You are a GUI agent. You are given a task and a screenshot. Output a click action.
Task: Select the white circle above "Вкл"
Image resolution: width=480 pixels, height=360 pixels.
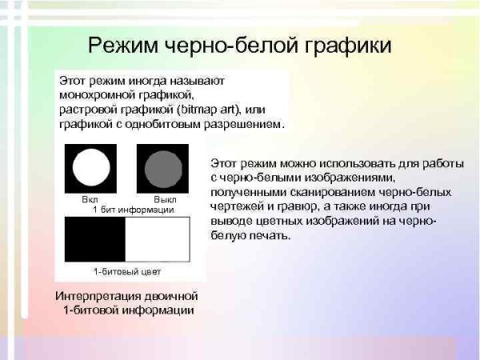tap(90, 168)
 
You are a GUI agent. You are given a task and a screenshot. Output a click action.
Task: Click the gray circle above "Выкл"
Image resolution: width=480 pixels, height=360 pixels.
tap(162, 168)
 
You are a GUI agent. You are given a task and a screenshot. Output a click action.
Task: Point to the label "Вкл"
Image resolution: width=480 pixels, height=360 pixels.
tap(90, 198)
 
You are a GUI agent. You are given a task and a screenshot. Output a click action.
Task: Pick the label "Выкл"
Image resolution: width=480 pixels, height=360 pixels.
tap(164, 198)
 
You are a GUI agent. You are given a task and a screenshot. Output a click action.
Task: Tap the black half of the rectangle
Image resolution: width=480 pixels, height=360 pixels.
tap(94, 239)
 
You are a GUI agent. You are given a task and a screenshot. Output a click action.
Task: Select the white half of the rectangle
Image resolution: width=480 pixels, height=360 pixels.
tap(158, 239)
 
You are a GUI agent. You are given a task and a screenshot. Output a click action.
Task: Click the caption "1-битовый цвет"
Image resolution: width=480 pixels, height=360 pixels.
tap(127, 271)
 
